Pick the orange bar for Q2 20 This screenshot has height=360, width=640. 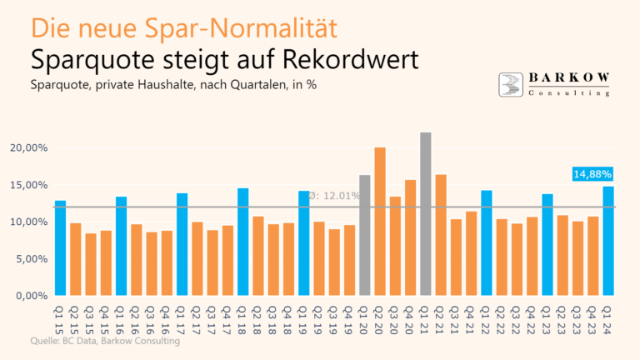pyautogui.click(x=380, y=221)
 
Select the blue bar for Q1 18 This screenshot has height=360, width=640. pyautogui.click(x=242, y=242)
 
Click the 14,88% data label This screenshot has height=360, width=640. pyautogui.click(x=592, y=174)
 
